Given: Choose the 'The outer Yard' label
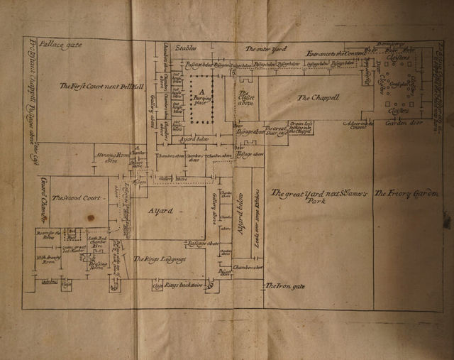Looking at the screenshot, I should pos(263,49).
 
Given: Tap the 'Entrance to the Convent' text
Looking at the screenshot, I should pos(336,54).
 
